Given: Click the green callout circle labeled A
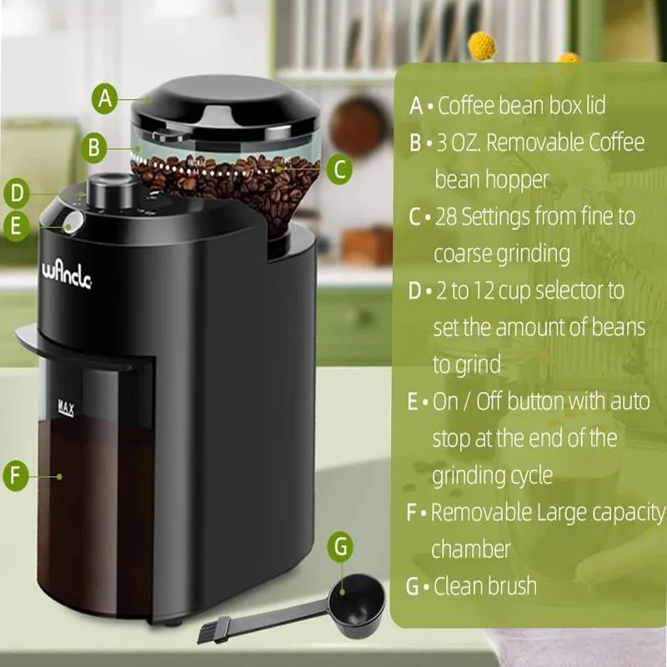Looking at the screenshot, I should (104, 98).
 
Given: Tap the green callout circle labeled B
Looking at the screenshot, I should (94, 149).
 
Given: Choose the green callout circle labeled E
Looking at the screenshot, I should (16, 227).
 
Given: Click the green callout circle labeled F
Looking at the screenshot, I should (16, 477).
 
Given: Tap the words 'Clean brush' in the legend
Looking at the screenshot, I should (485, 585).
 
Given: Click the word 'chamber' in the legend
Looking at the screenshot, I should (471, 549).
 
